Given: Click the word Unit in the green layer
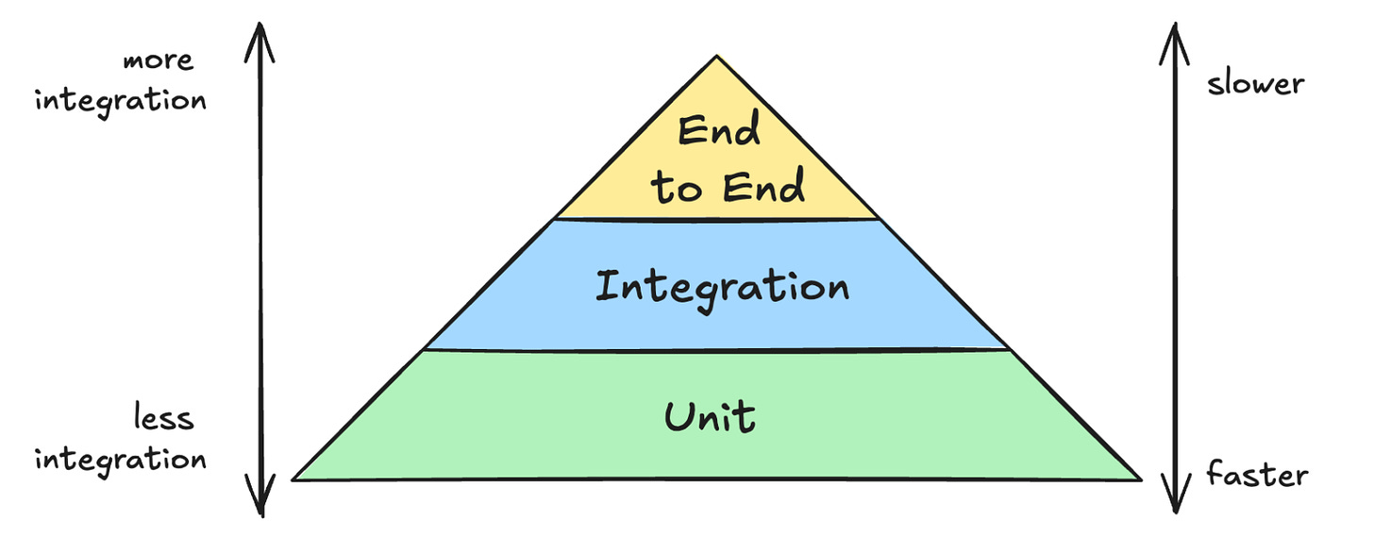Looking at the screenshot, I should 710,415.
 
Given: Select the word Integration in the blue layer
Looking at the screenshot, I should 722,287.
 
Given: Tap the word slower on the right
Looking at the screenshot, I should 1255,83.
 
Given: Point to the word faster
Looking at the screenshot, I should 1257,474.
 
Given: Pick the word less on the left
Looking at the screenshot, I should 162,417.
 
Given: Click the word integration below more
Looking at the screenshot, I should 121,100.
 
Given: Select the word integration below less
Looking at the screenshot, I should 121,459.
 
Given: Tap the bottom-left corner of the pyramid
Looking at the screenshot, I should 294,479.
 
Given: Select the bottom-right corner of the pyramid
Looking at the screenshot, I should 1140,479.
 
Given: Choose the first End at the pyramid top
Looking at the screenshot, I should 719,132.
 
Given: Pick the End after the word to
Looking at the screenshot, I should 763,187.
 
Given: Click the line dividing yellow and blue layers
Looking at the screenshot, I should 717,220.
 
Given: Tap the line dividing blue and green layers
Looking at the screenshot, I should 717,350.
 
